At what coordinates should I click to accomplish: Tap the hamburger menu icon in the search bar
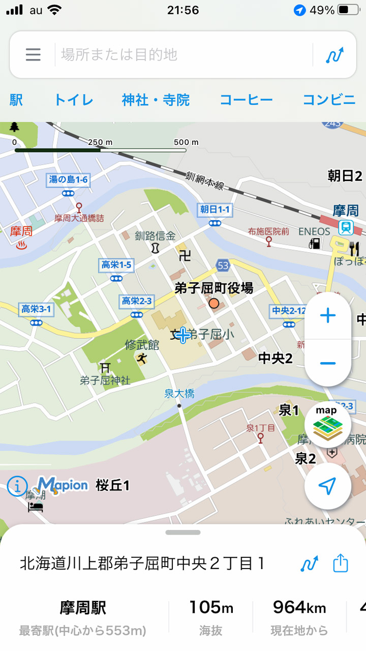[33, 55]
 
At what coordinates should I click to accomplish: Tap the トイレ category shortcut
[74, 100]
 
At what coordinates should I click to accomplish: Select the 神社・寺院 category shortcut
[156, 100]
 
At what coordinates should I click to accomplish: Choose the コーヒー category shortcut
[246, 100]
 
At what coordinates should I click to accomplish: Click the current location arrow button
[327, 486]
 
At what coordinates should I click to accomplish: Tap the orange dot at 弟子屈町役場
[214, 304]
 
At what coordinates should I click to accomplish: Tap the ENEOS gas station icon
[315, 244]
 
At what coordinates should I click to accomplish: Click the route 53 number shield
[223, 265]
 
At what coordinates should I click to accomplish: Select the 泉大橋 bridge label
[179, 393]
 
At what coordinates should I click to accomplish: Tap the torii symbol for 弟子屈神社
[105, 367]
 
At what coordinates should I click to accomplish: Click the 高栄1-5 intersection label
[116, 264]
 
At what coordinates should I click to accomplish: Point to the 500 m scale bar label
[186, 142]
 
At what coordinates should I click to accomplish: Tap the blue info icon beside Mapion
[17, 486]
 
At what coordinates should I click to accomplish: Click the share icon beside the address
[341, 564]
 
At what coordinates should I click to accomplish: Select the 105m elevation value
[211, 607]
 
